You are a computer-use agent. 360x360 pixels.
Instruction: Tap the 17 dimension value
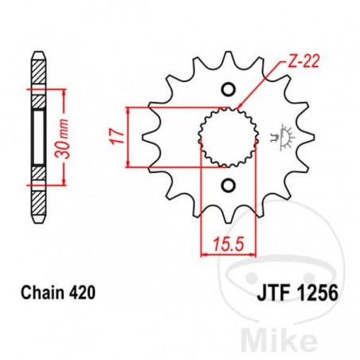[117, 136]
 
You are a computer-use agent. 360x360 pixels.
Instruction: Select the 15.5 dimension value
[226, 240]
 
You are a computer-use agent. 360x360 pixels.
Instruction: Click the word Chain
[47, 292]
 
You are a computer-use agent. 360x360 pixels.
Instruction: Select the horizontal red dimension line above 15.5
[225, 254]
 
